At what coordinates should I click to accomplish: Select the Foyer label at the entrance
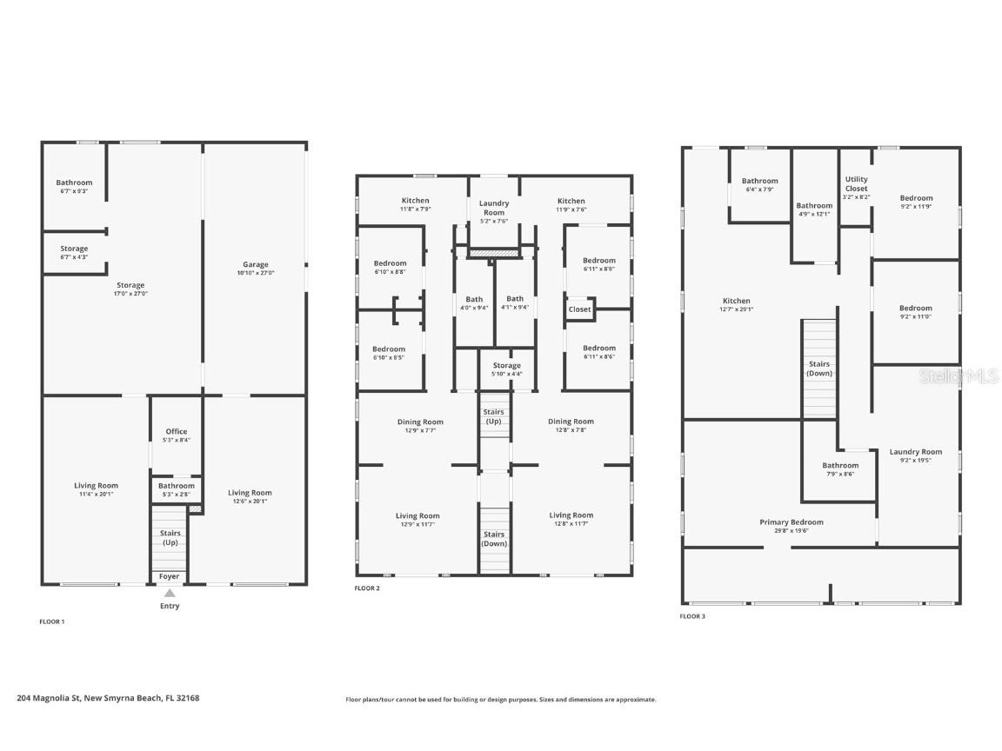coord(170,576)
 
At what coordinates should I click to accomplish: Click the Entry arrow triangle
coord(170,593)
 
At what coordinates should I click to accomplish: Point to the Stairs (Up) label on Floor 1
coord(170,538)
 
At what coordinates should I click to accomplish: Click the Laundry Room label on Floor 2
coord(494,208)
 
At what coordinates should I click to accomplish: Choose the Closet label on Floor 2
coord(579,309)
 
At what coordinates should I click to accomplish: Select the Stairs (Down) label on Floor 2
coord(494,539)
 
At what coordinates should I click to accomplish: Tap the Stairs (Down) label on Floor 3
coord(819,369)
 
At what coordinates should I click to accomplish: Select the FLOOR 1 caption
coord(52,621)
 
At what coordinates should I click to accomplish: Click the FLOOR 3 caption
coord(692,616)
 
